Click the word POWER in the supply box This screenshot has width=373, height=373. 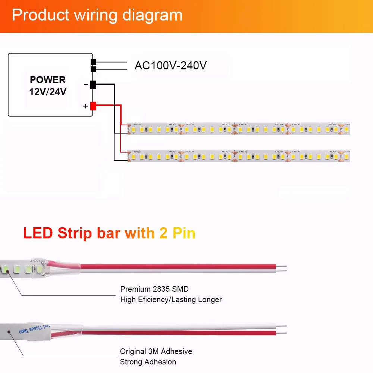click(x=48, y=80)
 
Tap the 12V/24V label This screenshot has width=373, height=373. click(x=48, y=91)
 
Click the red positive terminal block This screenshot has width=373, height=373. click(x=93, y=106)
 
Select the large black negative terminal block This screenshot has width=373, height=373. click(x=93, y=85)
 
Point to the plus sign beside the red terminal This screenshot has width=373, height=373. click(x=85, y=106)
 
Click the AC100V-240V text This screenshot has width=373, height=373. click(x=170, y=66)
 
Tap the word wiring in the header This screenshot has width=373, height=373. click(x=97, y=15)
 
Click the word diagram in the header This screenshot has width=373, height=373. click(x=153, y=16)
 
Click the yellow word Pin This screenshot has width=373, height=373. click(x=184, y=233)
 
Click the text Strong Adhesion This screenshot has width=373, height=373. click(x=148, y=362)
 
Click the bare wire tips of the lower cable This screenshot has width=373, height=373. click(x=282, y=329)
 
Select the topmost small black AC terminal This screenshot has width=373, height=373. click(x=93, y=62)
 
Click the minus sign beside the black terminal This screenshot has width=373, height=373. click(x=86, y=85)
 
